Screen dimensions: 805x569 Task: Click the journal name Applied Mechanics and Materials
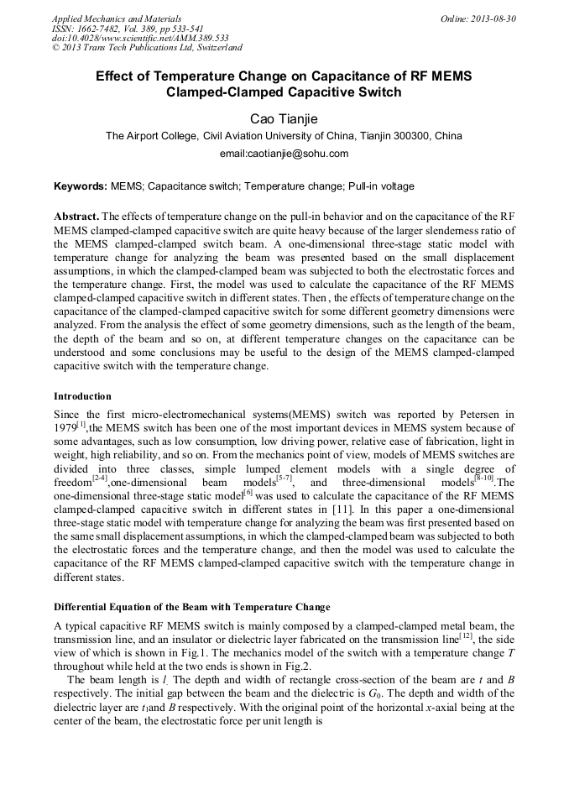coord(117,18)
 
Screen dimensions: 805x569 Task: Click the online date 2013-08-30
coord(493,18)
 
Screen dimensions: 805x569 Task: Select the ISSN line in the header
coord(128,29)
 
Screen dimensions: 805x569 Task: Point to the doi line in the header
coord(140,38)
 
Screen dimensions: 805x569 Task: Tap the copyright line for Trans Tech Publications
coord(147,48)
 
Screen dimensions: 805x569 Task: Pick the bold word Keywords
coord(80,186)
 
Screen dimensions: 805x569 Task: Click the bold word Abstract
coord(76,216)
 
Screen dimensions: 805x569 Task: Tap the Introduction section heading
coord(82,395)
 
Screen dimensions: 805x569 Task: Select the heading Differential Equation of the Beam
coord(191,607)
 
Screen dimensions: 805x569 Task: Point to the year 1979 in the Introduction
coord(65,429)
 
